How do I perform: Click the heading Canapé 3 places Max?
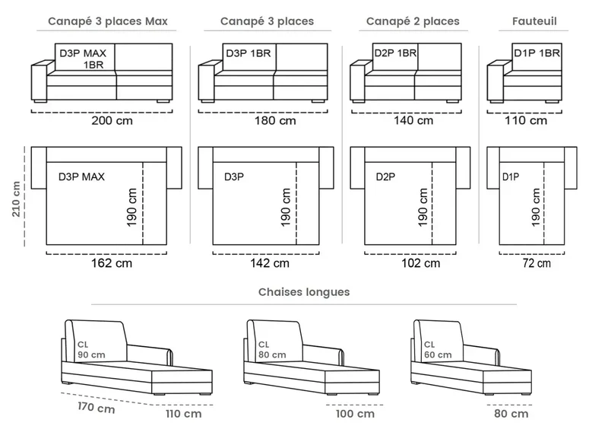[108, 21]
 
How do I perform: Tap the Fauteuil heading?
[534, 21]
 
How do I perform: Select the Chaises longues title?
[304, 292]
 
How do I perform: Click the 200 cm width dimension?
[112, 120]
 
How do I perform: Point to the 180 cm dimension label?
[275, 120]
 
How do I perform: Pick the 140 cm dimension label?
[413, 120]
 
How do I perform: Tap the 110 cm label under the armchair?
[526, 120]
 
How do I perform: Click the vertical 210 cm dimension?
[16, 199]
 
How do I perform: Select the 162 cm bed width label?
[112, 263]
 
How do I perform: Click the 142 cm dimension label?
[270, 263]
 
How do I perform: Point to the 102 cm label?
[421, 263]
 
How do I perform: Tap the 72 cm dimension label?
[537, 263]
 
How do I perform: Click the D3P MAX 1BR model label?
[83, 59]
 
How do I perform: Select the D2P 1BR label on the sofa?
[395, 52]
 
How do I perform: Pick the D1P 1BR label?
[537, 52]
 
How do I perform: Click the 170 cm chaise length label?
[97, 408]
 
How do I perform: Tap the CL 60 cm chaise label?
[438, 350]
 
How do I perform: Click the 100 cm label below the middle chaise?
[355, 414]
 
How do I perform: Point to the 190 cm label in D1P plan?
[536, 207]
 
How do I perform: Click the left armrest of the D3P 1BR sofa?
[206, 81]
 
